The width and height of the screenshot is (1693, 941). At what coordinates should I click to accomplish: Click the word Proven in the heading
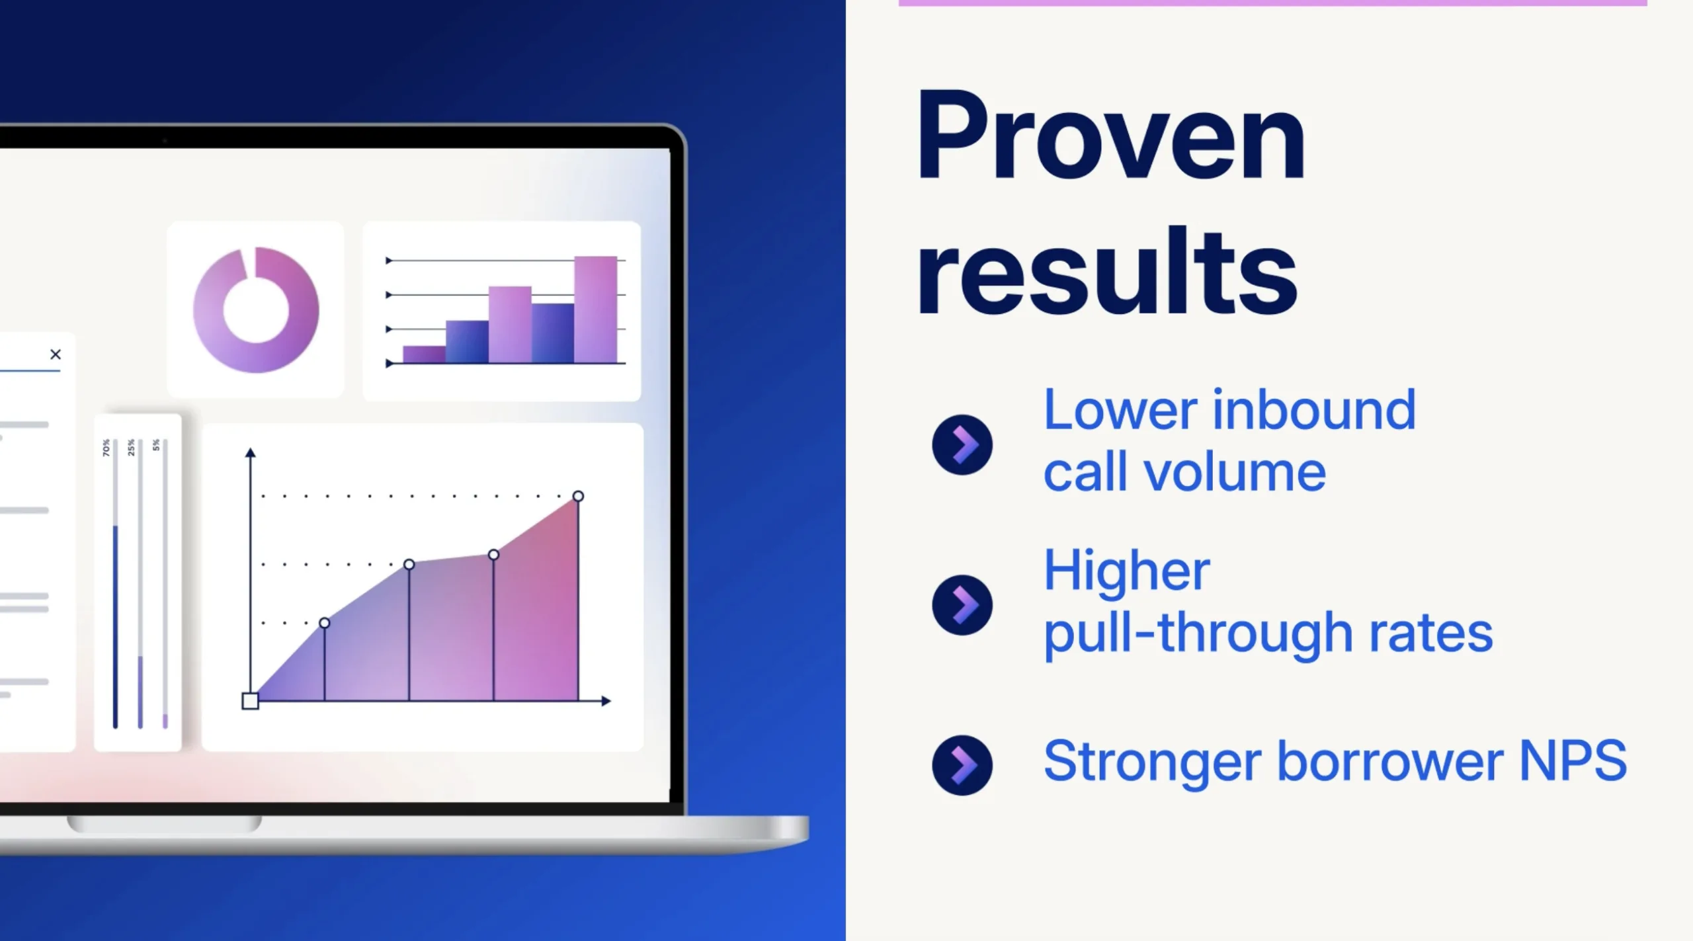tap(1110, 135)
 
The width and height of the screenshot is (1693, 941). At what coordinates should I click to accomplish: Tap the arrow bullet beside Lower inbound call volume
tap(962, 444)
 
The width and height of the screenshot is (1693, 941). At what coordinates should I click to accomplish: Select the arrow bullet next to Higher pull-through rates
tap(962, 605)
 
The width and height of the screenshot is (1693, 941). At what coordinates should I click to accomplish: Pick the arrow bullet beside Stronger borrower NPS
tap(962, 765)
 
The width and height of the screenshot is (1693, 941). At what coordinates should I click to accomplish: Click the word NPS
tap(1573, 760)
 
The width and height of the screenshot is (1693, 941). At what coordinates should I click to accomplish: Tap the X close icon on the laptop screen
tap(56, 354)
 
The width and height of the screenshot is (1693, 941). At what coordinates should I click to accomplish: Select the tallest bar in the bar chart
tap(595, 309)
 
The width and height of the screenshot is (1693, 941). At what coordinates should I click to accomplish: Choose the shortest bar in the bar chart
tap(424, 354)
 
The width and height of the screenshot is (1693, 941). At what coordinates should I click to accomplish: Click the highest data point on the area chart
tap(578, 496)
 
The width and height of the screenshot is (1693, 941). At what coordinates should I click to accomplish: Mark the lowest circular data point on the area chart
tap(324, 623)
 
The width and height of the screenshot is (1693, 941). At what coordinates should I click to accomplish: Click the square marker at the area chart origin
tap(250, 701)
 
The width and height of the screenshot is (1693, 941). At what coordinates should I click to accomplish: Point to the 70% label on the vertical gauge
tap(106, 448)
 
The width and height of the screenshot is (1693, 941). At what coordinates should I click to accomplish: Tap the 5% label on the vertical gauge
tap(156, 445)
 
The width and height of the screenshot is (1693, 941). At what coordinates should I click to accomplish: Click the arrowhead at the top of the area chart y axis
tap(250, 453)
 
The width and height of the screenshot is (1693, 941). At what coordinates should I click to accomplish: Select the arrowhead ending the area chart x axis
tap(606, 701)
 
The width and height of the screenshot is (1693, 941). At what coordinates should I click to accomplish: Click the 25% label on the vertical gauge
tap(131, 448)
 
